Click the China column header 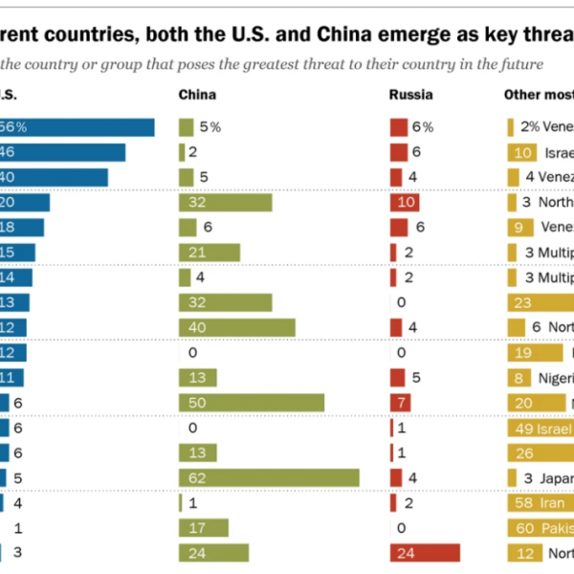(197, 95)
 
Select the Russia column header (410, 95)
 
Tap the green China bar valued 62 (269, 477)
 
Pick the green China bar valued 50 (252, 402)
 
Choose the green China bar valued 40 (236, 327)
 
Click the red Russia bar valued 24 (425, 552)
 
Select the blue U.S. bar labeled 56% (77, 127)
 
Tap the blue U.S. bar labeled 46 (62, 152)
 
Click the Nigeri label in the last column (554, 377)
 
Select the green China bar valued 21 (209, 252)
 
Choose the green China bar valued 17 (204, 527)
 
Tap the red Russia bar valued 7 (400, 402)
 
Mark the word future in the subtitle (521, 64)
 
